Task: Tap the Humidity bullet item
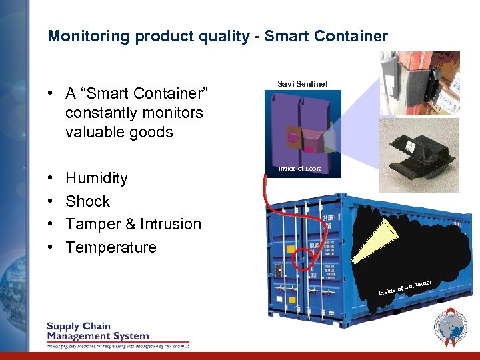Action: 96,178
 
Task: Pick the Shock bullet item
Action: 87,201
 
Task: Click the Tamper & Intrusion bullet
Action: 133,224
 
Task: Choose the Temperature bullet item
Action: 111,247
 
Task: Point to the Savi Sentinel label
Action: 302,83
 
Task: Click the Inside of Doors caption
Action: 300,169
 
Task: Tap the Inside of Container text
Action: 405,287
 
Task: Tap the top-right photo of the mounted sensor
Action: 419,83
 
